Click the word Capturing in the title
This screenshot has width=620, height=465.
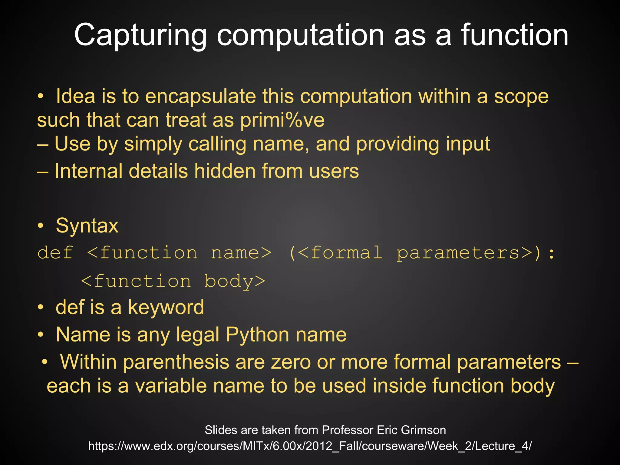click(x=140, y=36)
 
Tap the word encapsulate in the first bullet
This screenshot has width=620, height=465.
click(x=201, y=97)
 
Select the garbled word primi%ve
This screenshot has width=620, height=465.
click(x=282, y=120)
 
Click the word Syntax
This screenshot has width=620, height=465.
click(x=87, y=226)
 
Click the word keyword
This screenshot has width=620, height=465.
click(x=166, y=308)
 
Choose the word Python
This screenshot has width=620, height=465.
click(x=257, y=335)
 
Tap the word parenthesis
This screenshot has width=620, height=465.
click(x=176, y=362)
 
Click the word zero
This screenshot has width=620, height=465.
click(x=291, y=362)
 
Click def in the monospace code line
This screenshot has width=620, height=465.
click(x=55, y=253)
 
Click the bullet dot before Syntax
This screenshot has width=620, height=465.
click(x=41, y=226)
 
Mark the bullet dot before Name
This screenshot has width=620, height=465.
click(x=41, y=335)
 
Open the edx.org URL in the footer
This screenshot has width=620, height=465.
click(x=310, y=446)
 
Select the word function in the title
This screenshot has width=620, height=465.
click(x=515, y=36)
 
